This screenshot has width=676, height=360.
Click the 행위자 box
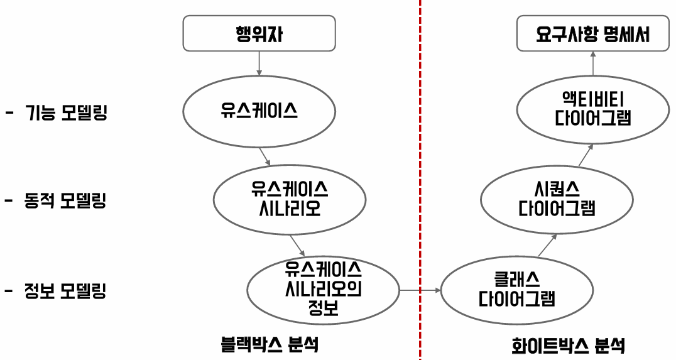click(x=259, y=33)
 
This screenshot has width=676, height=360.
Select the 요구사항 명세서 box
click(x=592, y=33)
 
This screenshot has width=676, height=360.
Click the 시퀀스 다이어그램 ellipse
click(x=557, y=199)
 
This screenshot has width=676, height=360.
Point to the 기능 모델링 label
click(x=66, y=114)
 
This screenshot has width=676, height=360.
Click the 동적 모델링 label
click(x=65, y=202)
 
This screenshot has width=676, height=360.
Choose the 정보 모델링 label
click(x=65, y=292)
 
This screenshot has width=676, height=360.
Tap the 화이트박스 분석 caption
click(x=569, y=345)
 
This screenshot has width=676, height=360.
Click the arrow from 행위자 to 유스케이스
click(x=259, y=64)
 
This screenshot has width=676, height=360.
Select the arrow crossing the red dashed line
click(x=420, y=290)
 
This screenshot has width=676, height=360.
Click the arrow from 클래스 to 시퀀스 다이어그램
click(x=547, y=246)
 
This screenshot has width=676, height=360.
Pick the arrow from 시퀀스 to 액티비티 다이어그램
click(x=585, y=155)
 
